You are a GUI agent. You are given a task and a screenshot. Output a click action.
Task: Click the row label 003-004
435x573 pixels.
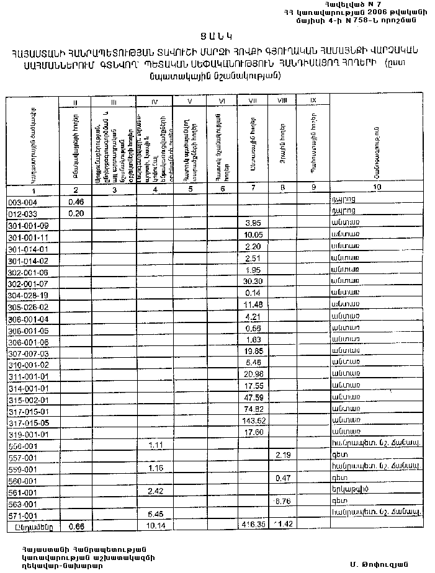tap(22, 202)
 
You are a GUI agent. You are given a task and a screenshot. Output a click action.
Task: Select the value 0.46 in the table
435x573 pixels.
tap(76, 201)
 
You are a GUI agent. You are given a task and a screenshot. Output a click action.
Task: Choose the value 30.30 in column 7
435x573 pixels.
tap(251, 283)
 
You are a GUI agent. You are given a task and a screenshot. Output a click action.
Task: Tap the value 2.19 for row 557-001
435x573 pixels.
tap(282, 456)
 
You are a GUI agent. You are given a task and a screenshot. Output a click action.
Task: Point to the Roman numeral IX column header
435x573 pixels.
tap(312, 99)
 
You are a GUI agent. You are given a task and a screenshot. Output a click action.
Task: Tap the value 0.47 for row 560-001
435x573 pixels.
tap(282, 478)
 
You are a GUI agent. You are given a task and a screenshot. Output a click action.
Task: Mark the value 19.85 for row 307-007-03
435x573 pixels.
tap(251, 352)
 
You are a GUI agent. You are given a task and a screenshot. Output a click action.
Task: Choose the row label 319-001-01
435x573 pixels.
tap(29, 433)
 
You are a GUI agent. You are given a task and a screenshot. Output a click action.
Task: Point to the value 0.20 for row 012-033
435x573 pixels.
tap(76, 213)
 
